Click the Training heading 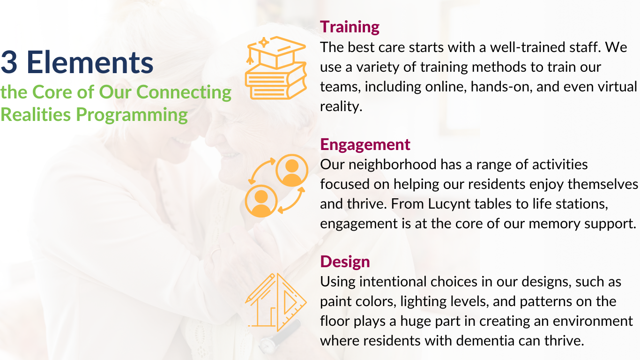pyautogui.click(x=350, y=27)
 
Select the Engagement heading pyautogui.click(x=365, y=145)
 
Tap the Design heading pyautogui.click(x=345, y=262)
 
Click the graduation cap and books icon pyautogui.click(x=275, y=68)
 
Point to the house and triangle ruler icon pyautogui.click(x=275, y=302)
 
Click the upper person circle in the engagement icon pyautogui.click(x=292, y=171)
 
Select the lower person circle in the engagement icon pyautogui.click(x=261, y=201)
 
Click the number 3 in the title pyautogui.click(x=9, y=62)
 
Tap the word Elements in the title pyautogui.click(x=90, y=62)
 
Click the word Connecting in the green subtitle pyautogui.click(x=184, y=93)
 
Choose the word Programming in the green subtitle pyautogui.click(x=132, y=115)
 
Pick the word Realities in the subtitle pyautogui.click(x=36, y=114)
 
